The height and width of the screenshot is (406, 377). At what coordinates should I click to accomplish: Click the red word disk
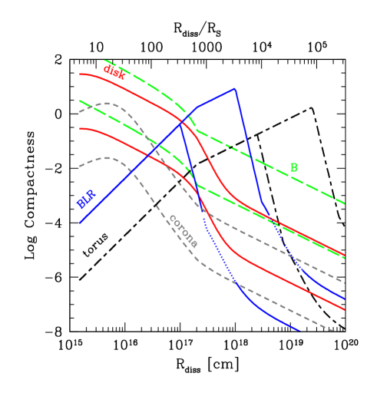(x=114, y=72)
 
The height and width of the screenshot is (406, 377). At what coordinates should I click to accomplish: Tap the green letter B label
(x=293, y=168)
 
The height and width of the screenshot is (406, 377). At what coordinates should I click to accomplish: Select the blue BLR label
(x=86, y=199)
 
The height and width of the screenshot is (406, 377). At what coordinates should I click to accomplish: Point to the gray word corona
(x=183, y=231)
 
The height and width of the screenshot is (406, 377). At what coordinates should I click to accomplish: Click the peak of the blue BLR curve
(x=234, y=88)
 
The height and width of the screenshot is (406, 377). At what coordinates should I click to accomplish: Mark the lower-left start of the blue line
(x=80, y=223)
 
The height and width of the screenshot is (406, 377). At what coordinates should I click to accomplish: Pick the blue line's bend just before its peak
(x=197, y=107)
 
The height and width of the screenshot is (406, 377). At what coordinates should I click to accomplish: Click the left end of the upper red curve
(x=80, y=74)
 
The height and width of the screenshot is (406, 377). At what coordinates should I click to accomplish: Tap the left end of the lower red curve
(x=80, y=129)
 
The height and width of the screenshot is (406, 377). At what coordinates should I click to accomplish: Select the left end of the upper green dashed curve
(x=104, y=60)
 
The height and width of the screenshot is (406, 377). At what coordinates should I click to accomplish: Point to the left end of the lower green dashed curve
(x=79, y=101)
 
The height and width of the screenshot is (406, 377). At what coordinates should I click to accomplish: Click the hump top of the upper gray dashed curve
(x=110, y=103)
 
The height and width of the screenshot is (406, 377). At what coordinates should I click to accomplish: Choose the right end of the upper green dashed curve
(x=345, y=203)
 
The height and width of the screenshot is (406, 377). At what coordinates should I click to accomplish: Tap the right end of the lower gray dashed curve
(x=333, y=331)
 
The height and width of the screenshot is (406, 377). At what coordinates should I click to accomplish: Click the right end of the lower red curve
(x=345, y=310)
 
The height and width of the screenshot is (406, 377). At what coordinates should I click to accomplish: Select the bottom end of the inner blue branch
(x=299, y=331)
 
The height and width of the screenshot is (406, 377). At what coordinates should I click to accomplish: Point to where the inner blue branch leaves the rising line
(x=180, y=123)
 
